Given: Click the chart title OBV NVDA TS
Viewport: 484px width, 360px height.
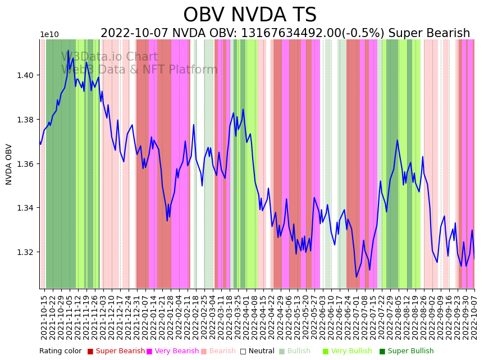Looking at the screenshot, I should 250,15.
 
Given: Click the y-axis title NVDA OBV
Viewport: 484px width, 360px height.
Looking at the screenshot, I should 9,164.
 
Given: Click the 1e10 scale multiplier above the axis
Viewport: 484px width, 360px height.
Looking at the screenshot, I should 49,35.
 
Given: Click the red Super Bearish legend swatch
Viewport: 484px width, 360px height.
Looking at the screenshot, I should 90,352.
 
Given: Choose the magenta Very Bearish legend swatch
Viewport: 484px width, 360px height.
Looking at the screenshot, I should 149,352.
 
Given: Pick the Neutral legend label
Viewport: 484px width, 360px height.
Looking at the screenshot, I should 261,352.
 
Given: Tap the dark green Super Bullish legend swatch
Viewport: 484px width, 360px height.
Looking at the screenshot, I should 382,352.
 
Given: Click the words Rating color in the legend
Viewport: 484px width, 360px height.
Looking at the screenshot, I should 60,352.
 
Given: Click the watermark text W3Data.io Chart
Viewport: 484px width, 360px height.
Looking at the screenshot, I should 109,57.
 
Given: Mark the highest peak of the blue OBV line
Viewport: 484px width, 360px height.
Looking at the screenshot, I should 69,51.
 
